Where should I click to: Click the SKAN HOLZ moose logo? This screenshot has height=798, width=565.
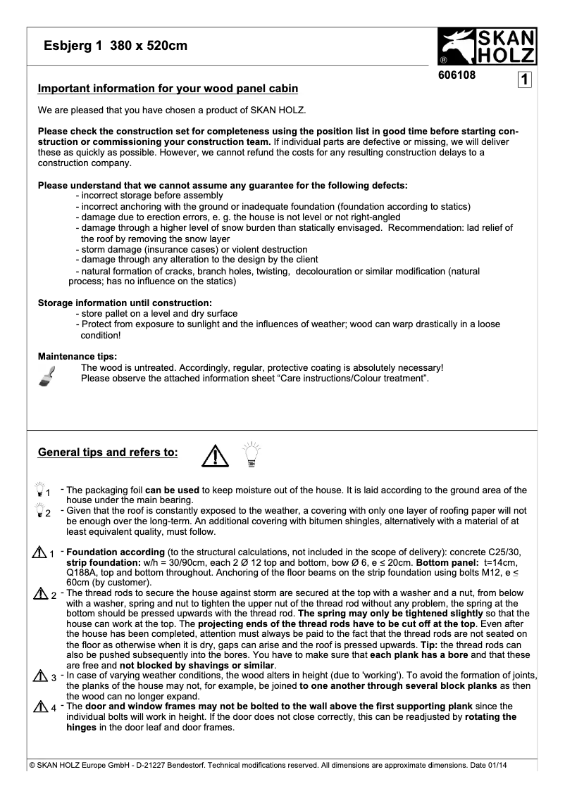488,47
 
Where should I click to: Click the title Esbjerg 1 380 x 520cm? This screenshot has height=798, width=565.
116,46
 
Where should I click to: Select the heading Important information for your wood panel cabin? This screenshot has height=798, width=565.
168,89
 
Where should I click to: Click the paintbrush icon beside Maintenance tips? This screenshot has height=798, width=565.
49,374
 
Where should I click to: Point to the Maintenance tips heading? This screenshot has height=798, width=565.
77,356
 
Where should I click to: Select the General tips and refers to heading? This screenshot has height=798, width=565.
108,452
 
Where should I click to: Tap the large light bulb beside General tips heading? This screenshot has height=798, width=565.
252,455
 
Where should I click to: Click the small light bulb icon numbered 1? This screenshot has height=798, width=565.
40,489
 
